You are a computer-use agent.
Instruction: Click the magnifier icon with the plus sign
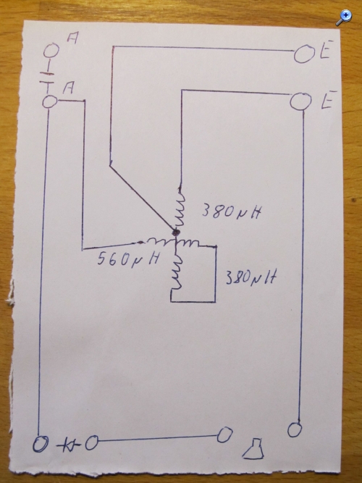[x=344, y=17]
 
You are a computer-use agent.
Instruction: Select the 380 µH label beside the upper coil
[x=232, y=211]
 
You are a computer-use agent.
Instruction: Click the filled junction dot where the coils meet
[x=176, y=232]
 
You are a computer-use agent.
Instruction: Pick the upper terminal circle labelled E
[x=304, y=54]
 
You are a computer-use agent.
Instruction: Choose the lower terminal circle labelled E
[x=301, y=101]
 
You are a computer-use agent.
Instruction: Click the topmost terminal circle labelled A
[x=51, y=51]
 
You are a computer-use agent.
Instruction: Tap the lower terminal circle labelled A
[x=50, y=101]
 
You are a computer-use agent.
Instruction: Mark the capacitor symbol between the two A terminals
[x=48, y=77]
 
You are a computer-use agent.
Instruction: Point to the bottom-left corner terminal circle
[x=41, y=445]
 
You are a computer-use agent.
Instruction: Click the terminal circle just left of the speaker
[x=224, y=435]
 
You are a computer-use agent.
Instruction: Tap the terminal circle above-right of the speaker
[x=295, y=429]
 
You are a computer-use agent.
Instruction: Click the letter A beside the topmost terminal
[x=72, y=38]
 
